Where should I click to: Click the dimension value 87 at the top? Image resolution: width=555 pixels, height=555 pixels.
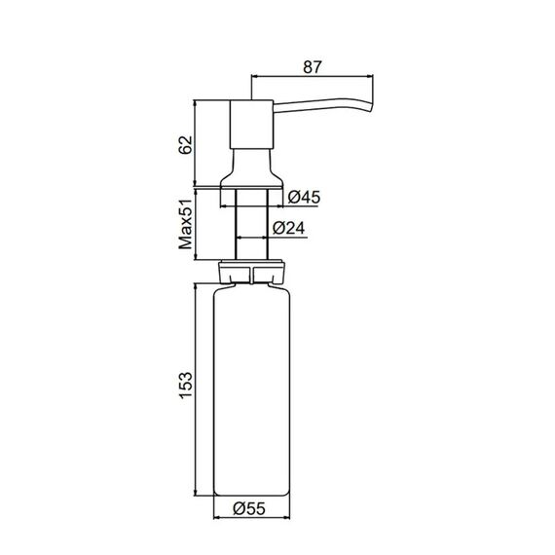click(313, 67)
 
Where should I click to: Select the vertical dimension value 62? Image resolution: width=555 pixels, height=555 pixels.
click(185, 144)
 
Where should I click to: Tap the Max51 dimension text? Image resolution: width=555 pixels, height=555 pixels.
click(185, 224)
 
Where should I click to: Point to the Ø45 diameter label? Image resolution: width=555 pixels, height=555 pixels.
click(304, 197)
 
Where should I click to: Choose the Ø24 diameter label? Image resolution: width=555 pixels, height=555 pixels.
click(288, 228)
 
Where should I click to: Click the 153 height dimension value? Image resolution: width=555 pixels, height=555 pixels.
click(185, 386)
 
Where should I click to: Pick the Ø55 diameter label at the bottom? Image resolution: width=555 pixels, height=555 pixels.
click(249, 508)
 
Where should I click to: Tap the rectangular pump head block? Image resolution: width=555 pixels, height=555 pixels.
click(251, 125)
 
